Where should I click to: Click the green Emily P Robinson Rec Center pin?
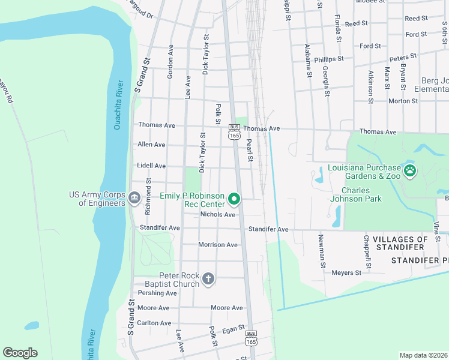[x=235, y=199]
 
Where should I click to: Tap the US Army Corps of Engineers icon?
[x=134, y=197]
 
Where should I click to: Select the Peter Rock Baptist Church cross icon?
[x=208, y=278]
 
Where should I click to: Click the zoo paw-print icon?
[x=409, y=171]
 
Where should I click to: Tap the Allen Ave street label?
[x=151, y=145]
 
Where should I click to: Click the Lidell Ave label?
[x=151, y=165]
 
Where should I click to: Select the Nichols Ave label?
[x=217, y=214]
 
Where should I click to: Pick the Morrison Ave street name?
[x=218, y=245]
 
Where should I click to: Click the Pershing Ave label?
[x=157, y=293]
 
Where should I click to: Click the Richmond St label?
[x=148, y=197]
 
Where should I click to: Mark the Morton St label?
[x=403, y=101]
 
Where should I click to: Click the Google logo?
[x=20, y=353]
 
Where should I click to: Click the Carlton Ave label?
[x=154, y=323]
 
